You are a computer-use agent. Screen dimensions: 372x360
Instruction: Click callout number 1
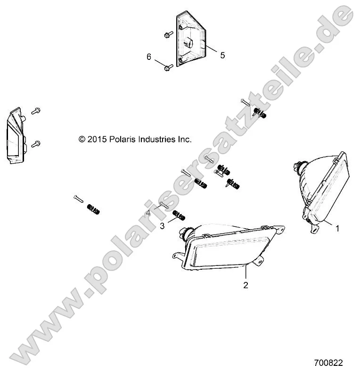(x=337, y=228)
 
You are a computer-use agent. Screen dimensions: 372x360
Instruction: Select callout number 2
(x=245, y=285)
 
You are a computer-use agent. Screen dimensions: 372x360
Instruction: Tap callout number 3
(x=162, y=226)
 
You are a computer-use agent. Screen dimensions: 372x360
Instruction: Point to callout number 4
(x=148, y=213)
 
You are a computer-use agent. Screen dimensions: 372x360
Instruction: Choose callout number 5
(x=222, y=55)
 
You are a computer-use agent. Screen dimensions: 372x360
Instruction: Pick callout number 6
(x=149, y=57)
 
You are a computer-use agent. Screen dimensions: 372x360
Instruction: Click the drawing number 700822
(x=328, y=363)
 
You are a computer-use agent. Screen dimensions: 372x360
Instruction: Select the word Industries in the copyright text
(x=157, y=139)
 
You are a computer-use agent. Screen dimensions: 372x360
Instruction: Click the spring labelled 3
(x=178, y=216)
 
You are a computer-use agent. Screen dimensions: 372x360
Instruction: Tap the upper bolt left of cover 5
(x=168, y=34)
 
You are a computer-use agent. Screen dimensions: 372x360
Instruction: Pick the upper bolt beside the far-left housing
(x=36, y=111)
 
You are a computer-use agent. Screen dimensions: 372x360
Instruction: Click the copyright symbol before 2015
(x=82, y=139)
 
